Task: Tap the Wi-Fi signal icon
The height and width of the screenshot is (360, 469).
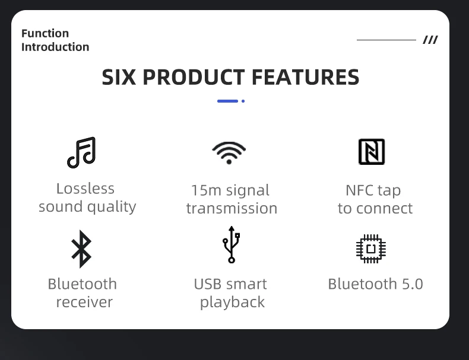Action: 229,152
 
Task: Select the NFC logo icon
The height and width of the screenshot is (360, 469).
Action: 372,152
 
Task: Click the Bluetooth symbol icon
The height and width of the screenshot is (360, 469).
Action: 81,249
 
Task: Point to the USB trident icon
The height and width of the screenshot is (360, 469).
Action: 231,245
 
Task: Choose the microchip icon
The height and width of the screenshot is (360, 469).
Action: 371,249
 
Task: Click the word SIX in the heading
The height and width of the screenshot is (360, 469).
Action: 119,77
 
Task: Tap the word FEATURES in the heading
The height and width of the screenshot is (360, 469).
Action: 305,77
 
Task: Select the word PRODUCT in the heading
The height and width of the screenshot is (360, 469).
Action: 194,77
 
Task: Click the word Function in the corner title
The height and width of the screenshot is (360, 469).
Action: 45,33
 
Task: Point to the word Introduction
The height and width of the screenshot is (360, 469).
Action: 55,47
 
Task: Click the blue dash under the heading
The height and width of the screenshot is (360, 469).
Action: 227,101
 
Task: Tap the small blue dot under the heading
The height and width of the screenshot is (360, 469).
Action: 243,101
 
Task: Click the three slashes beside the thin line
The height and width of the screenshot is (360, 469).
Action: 430,40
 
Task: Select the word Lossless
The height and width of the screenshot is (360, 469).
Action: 85,189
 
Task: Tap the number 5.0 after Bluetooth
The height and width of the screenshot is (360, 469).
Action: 413,284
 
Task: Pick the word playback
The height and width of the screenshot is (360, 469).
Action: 232,302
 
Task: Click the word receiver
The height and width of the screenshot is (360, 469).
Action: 85,302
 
